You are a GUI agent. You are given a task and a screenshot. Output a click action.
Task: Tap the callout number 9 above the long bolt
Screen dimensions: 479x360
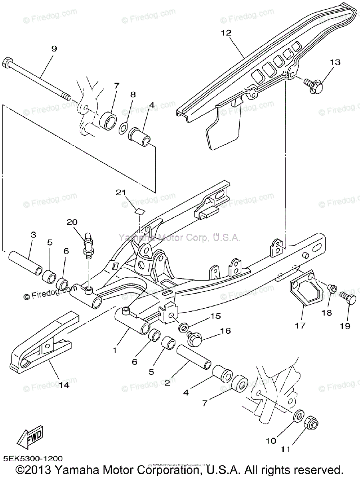(54, 49)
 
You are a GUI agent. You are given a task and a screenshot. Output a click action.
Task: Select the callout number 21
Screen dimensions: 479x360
(121, 193)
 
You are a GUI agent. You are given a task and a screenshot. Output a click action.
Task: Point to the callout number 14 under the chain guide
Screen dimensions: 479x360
(64, 385)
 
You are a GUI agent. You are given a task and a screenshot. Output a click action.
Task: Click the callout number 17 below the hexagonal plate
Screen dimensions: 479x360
(300, 326)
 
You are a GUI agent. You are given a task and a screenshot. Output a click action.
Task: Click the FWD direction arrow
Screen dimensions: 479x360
(31, 438)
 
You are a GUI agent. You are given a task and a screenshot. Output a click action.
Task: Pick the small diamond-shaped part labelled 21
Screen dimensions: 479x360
(138, 211)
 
